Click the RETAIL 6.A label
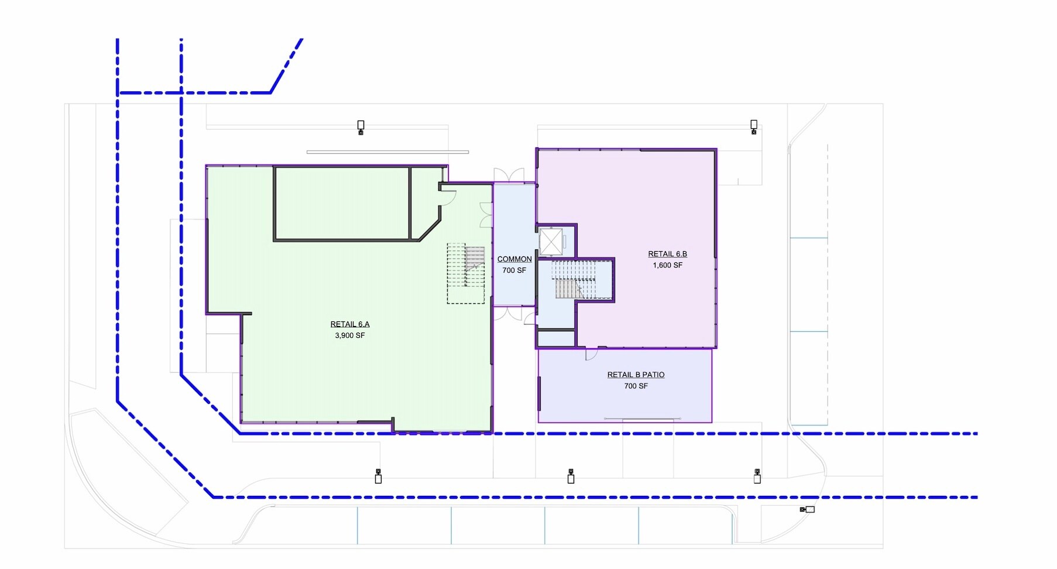pos(350,324)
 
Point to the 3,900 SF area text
pos(350,335)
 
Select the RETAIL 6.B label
pos(668,254)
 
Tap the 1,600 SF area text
pos(668,265)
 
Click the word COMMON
pos(514,259)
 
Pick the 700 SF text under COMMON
pos(514,270)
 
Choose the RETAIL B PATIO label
pos(636,375)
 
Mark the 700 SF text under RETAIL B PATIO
pos(636,386)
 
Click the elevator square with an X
pos(551,242)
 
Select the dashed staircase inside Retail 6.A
pos(466,273)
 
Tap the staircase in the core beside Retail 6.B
pos(575,280)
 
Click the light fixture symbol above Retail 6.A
pos(361,127)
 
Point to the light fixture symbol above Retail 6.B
pos(754,126)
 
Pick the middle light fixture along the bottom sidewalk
pos(571,476)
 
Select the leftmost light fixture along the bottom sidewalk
pos(378,476)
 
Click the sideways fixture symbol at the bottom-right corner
pos(807,509)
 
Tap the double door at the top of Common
pos(509,175)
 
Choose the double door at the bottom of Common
pos(508,313)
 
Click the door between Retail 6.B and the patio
pos(591,354)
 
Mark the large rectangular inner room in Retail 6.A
pos(342,204)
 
